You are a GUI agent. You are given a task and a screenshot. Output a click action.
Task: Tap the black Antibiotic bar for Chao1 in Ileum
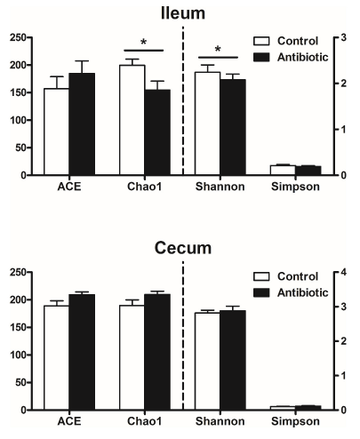[157, 132]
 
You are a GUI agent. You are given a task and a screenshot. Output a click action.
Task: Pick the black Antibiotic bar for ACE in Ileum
[82, 124]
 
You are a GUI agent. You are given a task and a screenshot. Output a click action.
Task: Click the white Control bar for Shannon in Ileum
[207, 124]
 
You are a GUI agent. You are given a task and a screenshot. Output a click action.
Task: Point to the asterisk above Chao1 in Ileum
[145, 42]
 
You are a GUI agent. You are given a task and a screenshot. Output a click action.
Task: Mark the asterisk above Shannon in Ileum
[219, 50]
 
